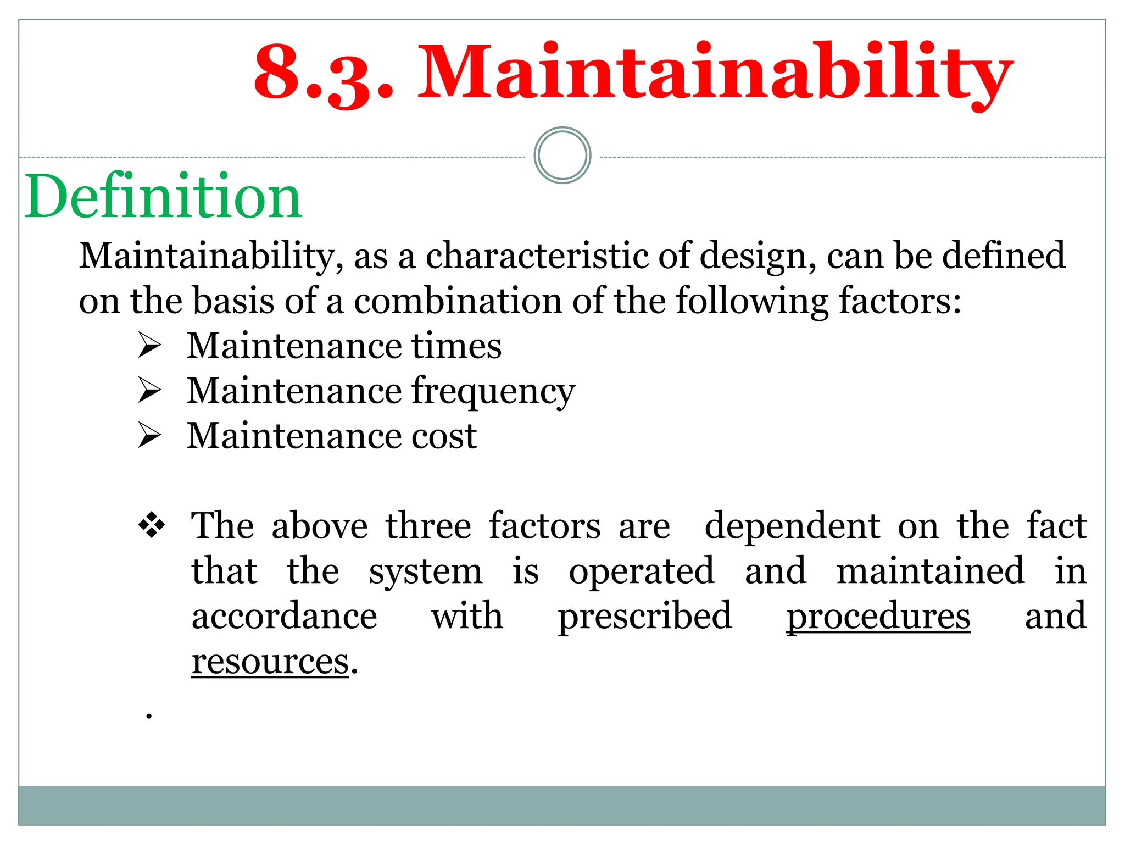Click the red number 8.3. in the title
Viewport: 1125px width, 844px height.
tap(324, 74)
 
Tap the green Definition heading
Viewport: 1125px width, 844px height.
tap(163, 196)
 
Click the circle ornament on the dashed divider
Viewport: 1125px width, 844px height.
tap(562, 156)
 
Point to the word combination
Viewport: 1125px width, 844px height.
tap(458, 301)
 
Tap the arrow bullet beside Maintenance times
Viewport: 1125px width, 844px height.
tap(149, 346)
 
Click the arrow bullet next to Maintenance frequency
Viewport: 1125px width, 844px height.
tap(149, 391)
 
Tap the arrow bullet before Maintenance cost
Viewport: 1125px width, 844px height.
tap(149, 436)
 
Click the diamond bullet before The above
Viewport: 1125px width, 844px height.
tap(151, 525)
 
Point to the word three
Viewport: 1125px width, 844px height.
tap(428, 526)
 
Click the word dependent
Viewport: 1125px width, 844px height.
tap(792, 526)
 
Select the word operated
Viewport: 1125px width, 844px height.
tap(642, 572)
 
